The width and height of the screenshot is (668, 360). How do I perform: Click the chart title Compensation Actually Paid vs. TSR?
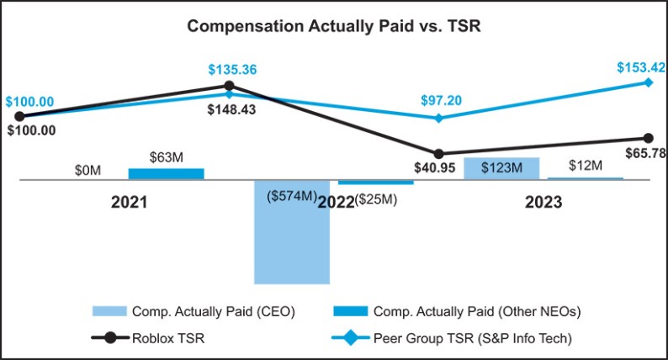(x=333, y=25)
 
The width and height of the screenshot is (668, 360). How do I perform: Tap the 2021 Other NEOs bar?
(x=166, y=174)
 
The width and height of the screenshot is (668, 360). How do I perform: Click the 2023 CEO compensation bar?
(x=501, y=168)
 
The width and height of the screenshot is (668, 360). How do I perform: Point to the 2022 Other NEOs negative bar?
(x=376, y=182)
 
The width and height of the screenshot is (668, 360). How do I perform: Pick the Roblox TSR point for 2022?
(x=229, y=86)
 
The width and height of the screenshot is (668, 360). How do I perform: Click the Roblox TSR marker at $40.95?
(x=438, y=154)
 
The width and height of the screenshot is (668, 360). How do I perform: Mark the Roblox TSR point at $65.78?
(x=648, y=138)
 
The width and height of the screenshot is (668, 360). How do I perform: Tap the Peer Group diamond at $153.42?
(x=648, y=82)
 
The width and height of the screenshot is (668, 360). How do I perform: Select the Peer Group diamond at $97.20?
(x=438, y=118)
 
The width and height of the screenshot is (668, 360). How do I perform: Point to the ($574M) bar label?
(x=291, y=197)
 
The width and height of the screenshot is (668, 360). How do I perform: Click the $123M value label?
(x=501, y=168)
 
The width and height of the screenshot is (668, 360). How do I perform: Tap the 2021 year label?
(x=130, y=203)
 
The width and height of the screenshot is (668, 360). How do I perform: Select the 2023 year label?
(x=543, y=203)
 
